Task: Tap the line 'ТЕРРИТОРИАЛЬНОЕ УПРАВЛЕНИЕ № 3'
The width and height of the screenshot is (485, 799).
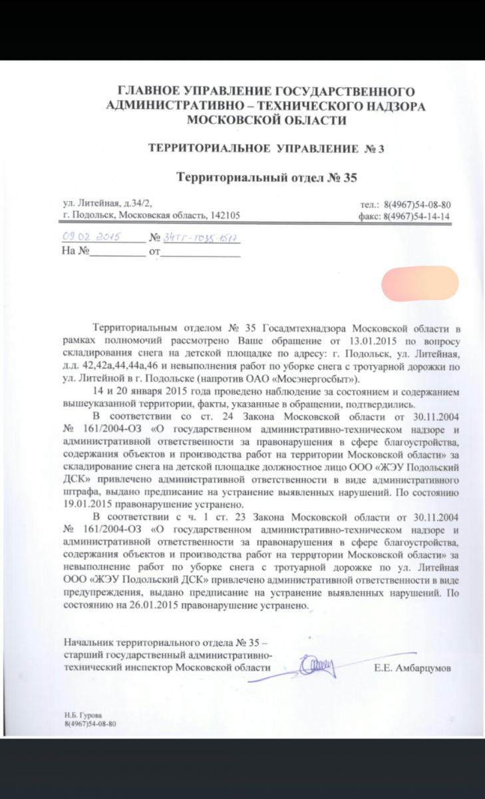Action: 265,148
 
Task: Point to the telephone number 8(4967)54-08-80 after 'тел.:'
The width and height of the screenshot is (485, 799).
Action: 418,204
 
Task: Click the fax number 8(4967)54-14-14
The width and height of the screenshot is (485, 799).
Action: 418,216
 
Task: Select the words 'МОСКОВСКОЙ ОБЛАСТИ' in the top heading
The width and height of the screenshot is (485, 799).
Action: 265,120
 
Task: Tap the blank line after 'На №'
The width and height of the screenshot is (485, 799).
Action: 116,253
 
